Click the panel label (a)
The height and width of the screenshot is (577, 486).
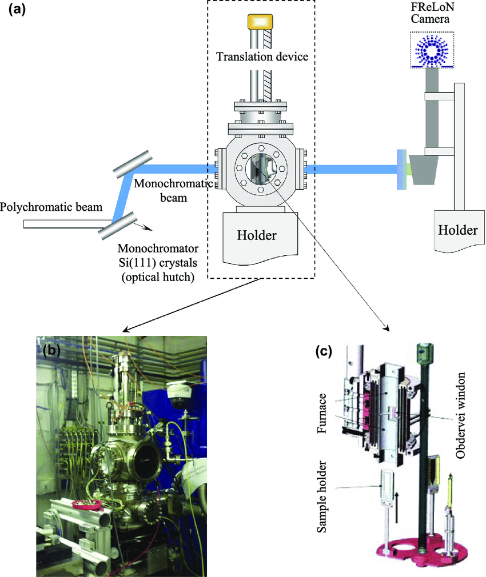(x=15, y=10)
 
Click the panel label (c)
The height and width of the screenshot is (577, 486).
(x=326, y=351)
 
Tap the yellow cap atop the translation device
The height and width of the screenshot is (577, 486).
(x=260, y=21)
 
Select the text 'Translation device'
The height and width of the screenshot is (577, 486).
(x=262, y=57)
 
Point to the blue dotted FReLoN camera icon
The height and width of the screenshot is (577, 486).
(x=432, y=50)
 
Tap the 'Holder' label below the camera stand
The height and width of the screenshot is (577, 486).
(x=457, y=230)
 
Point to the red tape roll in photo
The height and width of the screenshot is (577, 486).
(x=87, y=503)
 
